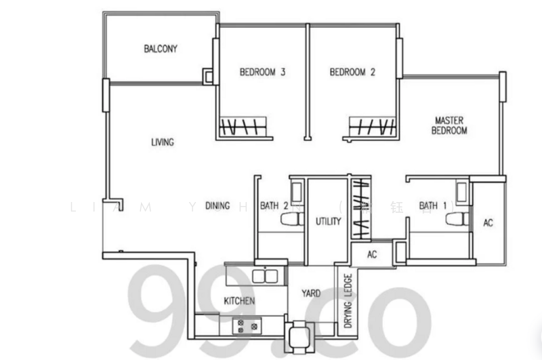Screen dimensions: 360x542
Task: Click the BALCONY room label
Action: pyautogui.click(x=161, y=49)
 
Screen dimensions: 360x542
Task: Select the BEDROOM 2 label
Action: pyautogui.click(x=352, y=72)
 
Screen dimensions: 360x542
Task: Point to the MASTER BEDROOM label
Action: pyautogui.click(x=450, y=125)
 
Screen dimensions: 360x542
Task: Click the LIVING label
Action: pyautogui.click(x=163, y=142)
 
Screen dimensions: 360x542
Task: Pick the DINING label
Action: pyautogui.click(x=217, y=205)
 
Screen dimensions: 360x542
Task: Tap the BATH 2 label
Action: pyautogui.click(x=274, y=205)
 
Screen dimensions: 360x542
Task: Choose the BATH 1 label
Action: pyautogui.click(x=428, y=205)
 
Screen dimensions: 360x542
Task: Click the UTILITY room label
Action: pyautogui.click(x=328, y=222)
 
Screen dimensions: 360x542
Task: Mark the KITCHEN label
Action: pyautogui.click(x=240, y=300)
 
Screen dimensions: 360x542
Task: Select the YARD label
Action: pyautogui.click(x=311, y=294)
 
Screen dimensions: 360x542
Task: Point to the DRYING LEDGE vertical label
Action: pyautogui.click(x=347, y=300)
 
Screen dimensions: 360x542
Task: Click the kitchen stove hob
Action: pyautogui.click(x=247, y=326)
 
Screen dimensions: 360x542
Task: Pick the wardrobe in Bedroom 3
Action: pyautogui.click(x=246, y=127)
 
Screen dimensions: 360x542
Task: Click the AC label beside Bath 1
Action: pyautogui.click(x=488, y=222)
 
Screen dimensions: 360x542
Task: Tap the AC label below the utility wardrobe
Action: pyautogui.click(x=371, y=254)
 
